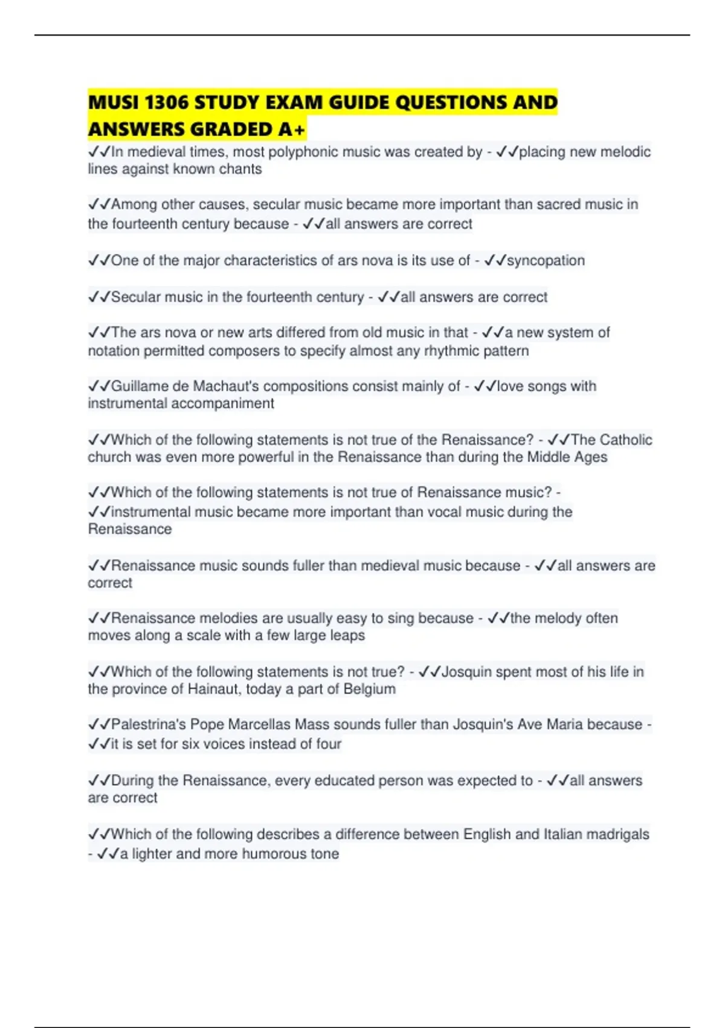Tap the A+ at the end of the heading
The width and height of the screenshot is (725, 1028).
292,129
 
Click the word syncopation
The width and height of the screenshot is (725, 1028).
546,261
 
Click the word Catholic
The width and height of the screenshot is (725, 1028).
626,440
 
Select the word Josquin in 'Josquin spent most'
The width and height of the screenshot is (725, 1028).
467,672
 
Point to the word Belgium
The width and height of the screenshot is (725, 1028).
369,689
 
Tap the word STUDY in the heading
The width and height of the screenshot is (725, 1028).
227,102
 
